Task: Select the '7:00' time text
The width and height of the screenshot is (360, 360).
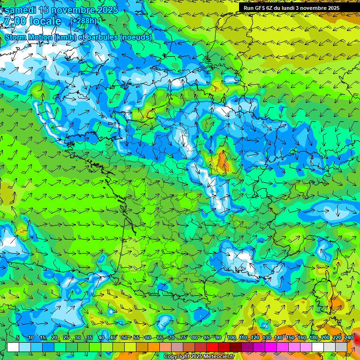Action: [x=15, y=22]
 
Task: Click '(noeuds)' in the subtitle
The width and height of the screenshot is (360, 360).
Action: [x=135, y=37]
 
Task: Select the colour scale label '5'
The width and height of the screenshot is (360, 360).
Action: [x=18, y=337]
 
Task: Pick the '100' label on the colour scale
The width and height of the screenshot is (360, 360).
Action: [x=232, y=337]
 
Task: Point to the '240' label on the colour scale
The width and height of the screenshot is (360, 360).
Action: [x=349, y=337]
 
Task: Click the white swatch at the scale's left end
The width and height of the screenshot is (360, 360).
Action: [x=13, y=347]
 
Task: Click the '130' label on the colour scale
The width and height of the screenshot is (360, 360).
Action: [x=267, y=337]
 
